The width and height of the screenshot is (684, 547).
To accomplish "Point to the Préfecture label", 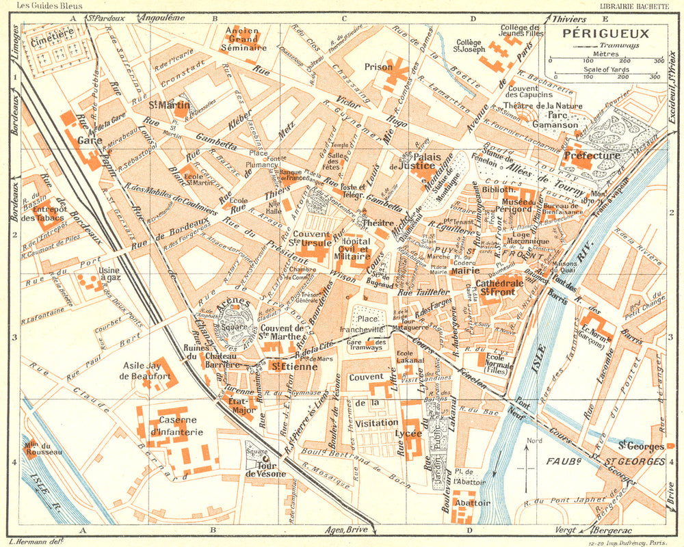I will (592, 156).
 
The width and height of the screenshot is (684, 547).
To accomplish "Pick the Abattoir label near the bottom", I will (473, 503).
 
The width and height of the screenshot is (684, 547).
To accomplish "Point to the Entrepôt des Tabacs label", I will (42, 213).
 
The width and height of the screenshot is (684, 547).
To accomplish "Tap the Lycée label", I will (412, 433).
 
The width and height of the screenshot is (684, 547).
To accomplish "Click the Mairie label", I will (464, 270).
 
